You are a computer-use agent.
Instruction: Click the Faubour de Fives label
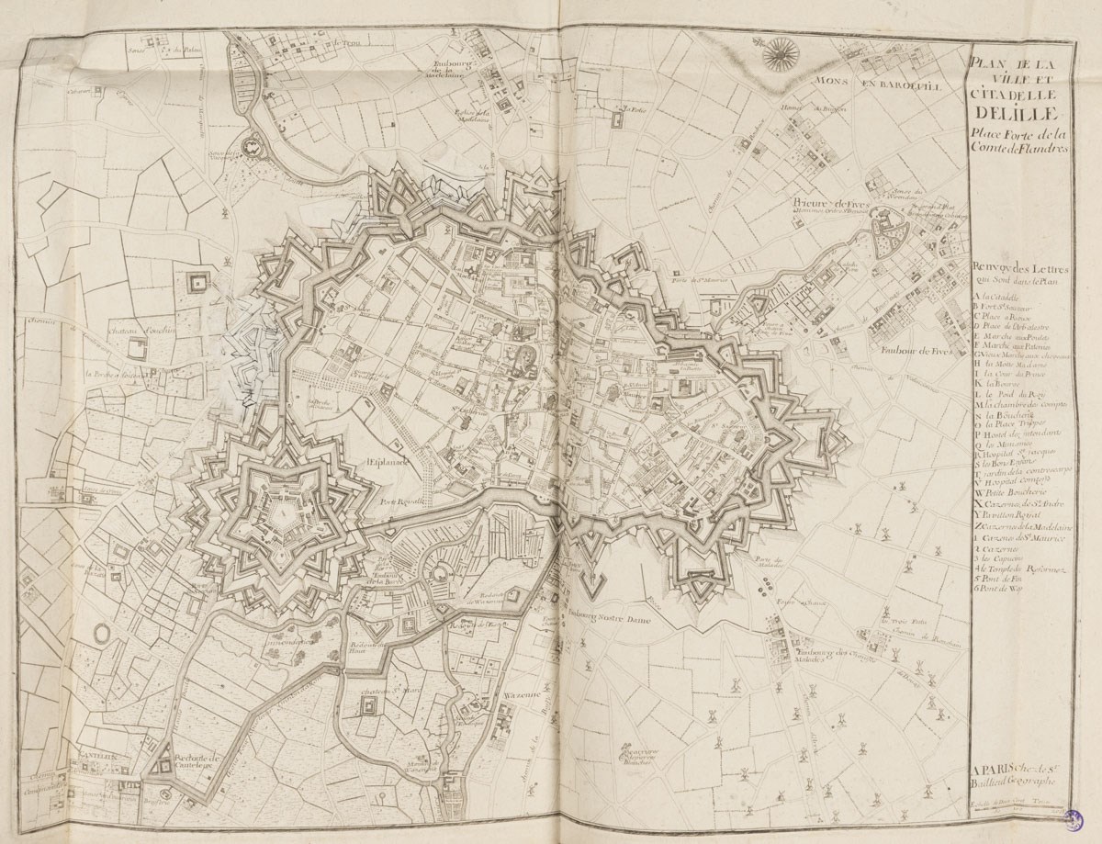tap(910, 350)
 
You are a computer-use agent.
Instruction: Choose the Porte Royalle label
tap(401, 501)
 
